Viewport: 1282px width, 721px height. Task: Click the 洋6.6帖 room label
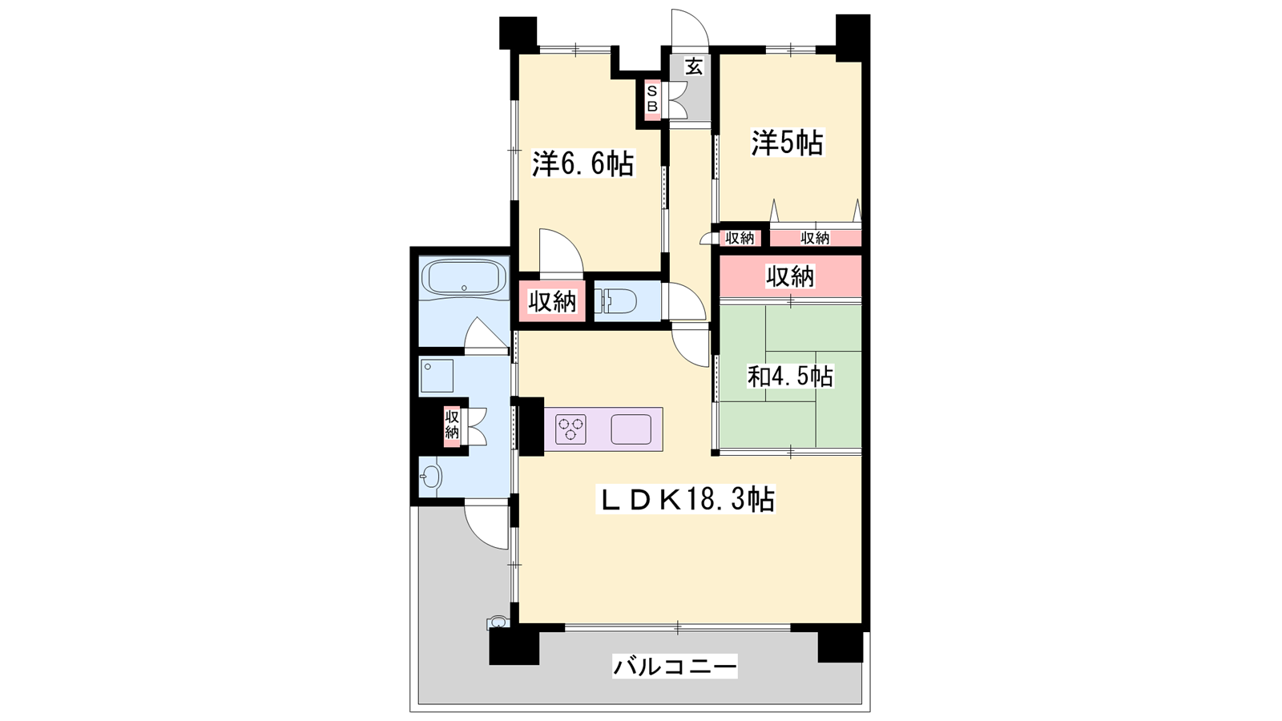(x=583, y=164)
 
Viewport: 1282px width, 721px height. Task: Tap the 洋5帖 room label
(x=788, y=143)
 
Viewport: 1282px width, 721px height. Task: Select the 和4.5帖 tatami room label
(x=790, y=377)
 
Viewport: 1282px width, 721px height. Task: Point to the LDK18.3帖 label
(x=686, y=499)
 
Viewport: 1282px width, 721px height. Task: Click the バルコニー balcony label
(x=675, y=666)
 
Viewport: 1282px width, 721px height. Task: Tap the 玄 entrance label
(x=694, y=66)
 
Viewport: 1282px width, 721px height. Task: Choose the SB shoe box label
(x=652, y=99)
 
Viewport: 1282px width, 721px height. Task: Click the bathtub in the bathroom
(x=464, y=278)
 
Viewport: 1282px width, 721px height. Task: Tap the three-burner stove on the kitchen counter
(x=570, y=429)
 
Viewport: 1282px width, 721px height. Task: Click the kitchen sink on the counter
(x=631, y=429)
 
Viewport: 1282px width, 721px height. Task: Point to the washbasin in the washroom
(x=430, y=475)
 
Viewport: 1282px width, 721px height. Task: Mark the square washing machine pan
(x=437, y=376)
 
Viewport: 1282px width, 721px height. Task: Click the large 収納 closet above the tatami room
(x=790, y=277)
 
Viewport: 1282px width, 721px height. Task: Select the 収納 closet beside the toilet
(x=552, y=301)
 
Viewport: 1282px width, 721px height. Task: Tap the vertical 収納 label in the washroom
(x=452, y=424)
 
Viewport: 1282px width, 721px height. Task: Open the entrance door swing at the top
(x=690, y=27)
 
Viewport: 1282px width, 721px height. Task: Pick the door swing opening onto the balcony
(x=486, y=527)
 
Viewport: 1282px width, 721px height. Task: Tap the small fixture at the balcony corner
(x=497, y=622)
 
